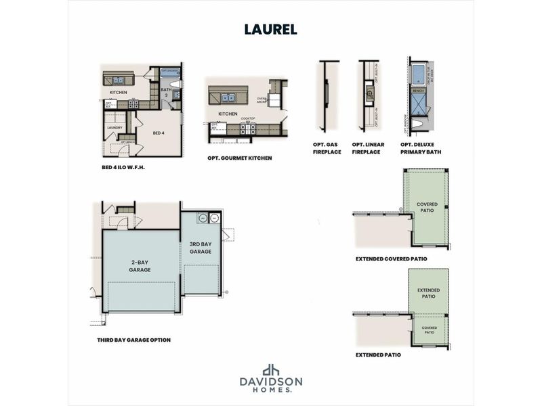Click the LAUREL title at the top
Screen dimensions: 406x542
[270, 30]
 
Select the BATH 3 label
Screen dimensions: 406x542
[165, 93]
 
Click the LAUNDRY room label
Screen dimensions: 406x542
[114, 127]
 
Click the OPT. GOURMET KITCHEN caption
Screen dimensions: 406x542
[240, 158]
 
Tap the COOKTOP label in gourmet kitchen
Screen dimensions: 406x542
[249, 118]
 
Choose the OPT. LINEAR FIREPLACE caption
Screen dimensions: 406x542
[367, 148]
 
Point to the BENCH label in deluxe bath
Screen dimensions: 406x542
[418, 90]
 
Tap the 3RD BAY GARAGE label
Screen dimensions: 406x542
[201, 247]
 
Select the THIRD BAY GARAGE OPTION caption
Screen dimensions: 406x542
[133, 340]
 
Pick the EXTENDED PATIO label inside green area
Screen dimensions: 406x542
[428, 293]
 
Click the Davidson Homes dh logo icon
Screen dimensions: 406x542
[271, 369]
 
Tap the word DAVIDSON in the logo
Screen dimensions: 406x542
[271, 382]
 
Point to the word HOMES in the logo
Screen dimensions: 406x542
[270, 390]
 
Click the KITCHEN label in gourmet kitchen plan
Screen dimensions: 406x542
[228, 114]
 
